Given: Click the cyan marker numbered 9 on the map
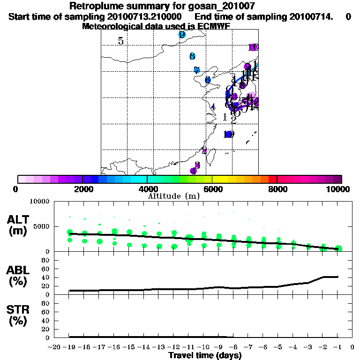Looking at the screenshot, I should (182, 35).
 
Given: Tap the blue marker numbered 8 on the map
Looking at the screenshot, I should (192, 56).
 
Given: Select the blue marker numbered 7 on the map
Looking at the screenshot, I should (197, 70).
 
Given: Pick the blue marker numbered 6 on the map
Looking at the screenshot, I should (208, 80).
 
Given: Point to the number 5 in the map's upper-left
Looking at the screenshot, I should (121, 41).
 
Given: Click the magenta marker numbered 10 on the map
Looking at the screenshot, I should (254, 47).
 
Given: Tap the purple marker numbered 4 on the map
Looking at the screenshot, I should (193, 171).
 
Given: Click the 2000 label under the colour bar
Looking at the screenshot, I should (82, 189).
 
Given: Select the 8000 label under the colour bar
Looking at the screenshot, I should (277, 189).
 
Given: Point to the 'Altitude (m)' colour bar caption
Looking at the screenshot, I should (173, 196).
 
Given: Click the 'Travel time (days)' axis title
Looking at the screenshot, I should (205, 355).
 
